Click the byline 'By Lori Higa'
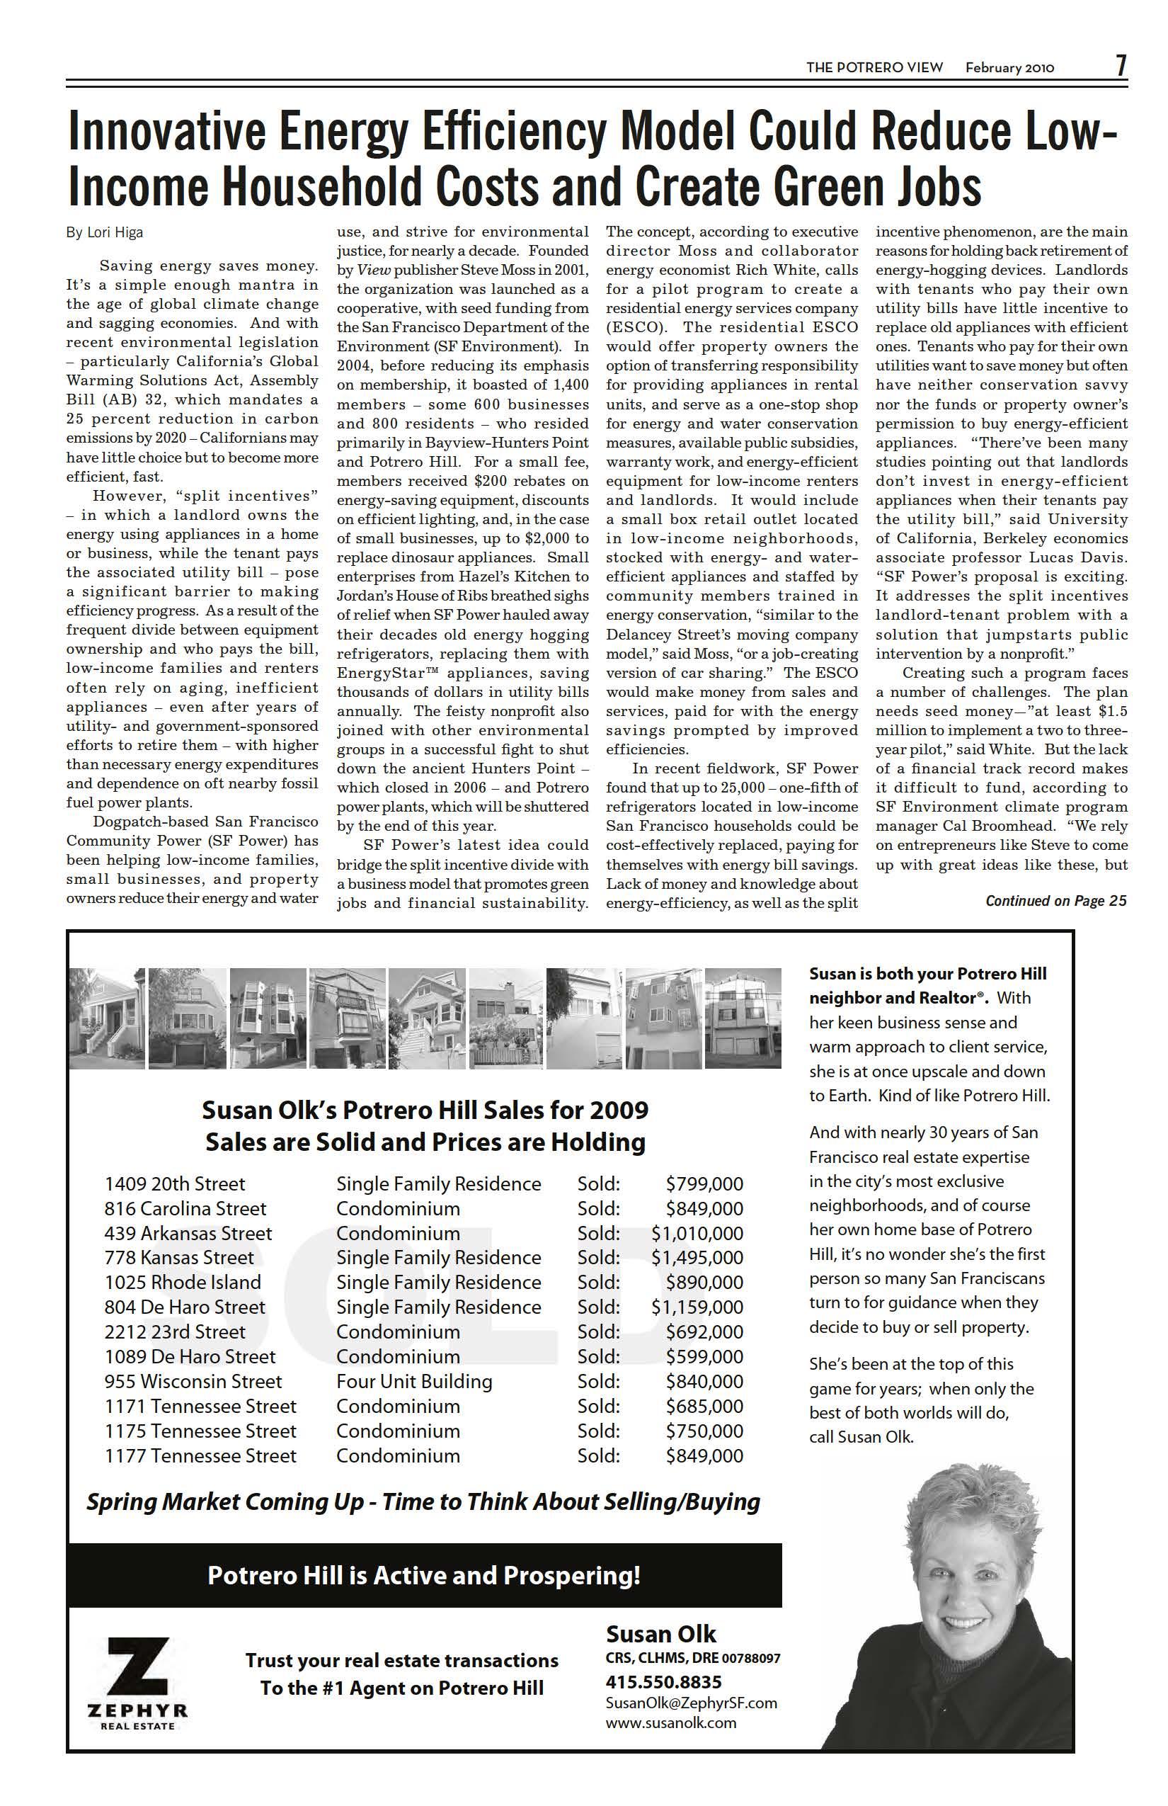pyautogui.click(x=105, y=233)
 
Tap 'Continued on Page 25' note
pyautogui.click(x=1055, y=901)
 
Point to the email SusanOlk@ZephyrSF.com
pyautogui.click(x=691, y=1702)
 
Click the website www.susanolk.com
pyautogui.click(x=670, y=1722)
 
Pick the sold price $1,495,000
pyautogui.click(x=697, y=1257)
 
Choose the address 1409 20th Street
pyautogui.click(x=176, y=1183)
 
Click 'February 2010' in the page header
pyautogui.click(x=1009, y=67)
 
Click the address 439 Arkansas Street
pyautogui.click(x=188, y=1233)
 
